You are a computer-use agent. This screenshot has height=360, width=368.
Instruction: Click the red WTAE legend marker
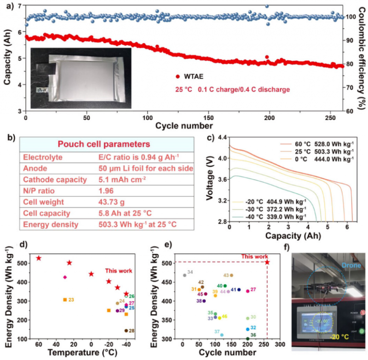[177, 77]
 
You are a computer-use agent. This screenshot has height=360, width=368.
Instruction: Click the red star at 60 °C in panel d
[39, 258]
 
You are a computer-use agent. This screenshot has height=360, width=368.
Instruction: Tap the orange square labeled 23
[65, 300]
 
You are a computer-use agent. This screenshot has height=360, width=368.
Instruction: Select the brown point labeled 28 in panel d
[126, 331]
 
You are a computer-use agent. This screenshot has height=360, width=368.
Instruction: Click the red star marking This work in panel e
[267, 262]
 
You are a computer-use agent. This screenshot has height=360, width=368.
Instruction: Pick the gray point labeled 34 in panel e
[184, 275]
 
